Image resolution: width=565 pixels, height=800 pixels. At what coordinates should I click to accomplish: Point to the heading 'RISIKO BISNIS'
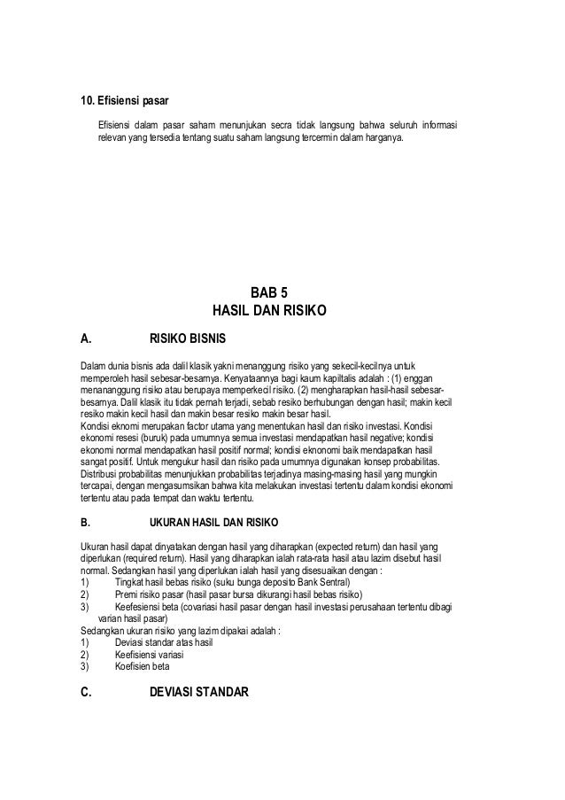tap(188, 338)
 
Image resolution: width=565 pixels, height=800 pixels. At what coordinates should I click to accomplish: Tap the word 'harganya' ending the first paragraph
tap(383, 139)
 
